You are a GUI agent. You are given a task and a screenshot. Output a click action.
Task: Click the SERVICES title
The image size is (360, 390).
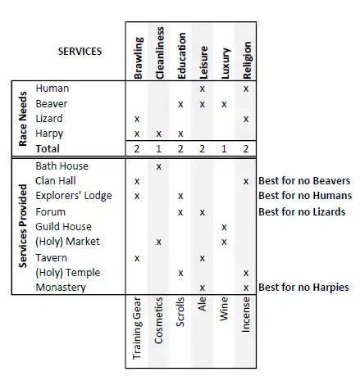(80, 52)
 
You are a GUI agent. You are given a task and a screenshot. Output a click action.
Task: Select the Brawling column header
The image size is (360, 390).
(139, 58)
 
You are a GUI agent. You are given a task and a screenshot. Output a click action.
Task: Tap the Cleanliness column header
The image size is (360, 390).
(160, 53)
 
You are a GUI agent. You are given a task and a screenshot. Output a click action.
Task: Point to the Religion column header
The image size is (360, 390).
(247, 61)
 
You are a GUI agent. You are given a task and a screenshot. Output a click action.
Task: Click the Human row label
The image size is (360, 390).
(52, 88)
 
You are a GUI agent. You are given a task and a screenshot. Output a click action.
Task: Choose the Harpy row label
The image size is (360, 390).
(49, 134)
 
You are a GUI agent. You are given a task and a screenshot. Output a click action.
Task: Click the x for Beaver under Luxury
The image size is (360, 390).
(224, 104)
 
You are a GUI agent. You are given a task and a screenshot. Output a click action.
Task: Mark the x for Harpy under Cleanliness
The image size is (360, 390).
(158, 134)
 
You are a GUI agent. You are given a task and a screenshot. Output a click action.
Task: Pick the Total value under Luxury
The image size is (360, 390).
(224, 149)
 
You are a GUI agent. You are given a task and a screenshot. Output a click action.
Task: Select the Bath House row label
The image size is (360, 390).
(62, 166)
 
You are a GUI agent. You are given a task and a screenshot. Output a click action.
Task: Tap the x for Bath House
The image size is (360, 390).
(158, 166)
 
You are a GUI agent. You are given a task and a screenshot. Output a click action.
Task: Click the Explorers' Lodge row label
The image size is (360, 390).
(74, 196)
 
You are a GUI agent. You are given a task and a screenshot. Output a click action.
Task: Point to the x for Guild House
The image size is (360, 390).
(224, 227)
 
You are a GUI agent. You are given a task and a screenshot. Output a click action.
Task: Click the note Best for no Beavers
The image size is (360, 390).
(304, 181)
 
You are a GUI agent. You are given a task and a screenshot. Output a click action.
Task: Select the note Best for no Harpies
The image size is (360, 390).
(303, 288)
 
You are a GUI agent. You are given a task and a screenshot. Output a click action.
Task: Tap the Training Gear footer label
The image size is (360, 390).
(137, 329)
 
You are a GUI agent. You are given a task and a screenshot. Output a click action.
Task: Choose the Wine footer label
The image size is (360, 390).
(224, 309)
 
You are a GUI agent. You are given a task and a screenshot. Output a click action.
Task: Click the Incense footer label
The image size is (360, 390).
(246, 315)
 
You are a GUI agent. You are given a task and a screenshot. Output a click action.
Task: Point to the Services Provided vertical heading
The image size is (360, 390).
(23, 226)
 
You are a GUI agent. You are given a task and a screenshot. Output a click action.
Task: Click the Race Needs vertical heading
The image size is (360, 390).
(23, 119)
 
